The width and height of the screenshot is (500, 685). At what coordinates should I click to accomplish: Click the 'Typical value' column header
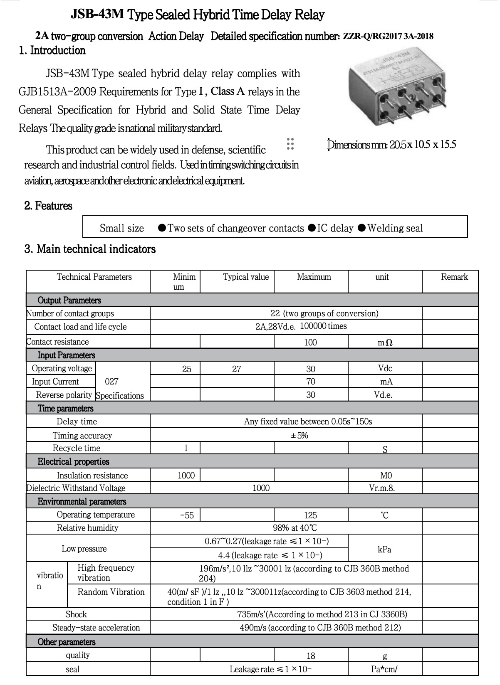[246, 277]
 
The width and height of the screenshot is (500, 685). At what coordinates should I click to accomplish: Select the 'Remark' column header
[454, 277]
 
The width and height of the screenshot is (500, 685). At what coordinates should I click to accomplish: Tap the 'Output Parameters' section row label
[69, 301]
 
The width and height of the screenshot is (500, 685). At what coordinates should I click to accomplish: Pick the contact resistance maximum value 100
[310, 342]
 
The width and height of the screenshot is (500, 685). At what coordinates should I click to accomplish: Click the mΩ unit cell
[385, 342]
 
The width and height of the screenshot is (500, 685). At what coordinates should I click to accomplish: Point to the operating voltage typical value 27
[237, 369]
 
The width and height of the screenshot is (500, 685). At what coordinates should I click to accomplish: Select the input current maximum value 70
[310, 382]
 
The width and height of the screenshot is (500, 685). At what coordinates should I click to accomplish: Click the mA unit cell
[386, 382]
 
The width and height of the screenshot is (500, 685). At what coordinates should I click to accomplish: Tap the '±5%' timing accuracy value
[300, 436]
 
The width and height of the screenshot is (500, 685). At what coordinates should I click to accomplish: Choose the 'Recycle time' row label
[76, 448]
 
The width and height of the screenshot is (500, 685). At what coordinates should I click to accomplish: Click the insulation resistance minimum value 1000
[186, 476]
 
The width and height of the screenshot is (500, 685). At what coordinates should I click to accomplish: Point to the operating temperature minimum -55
[187, 515]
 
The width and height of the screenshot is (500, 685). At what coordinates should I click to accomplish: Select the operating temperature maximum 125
[310, 515]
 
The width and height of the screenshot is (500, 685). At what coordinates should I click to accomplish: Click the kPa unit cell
[384, 549]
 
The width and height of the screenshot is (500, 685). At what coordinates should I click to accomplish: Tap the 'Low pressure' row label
[84, 549]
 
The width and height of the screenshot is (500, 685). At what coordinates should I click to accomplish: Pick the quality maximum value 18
[310, 656]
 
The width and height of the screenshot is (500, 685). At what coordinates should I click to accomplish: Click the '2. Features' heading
[48, 206]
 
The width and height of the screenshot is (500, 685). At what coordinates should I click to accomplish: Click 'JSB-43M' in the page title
[97, 15]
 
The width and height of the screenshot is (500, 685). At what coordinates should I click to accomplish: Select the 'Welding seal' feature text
[395, 228]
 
